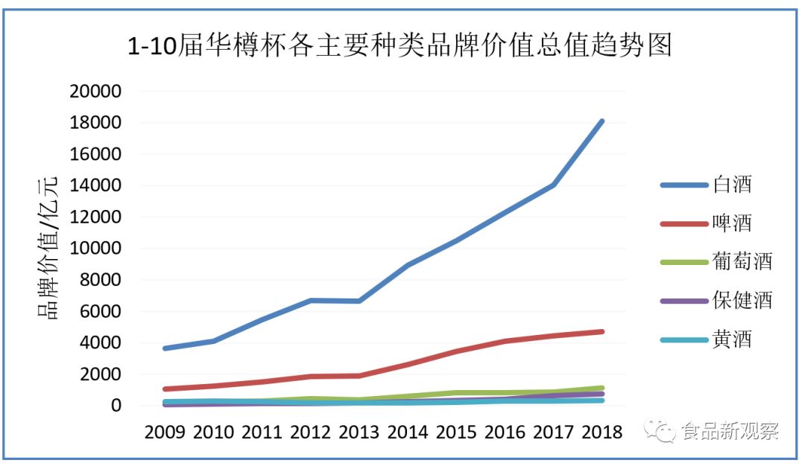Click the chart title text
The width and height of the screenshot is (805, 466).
pyautogui.click(x=400, y=45)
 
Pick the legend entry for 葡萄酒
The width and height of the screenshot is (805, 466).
pyautogui.click(x=716, y=261)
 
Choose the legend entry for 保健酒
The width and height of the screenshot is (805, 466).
pyautogui.click(x=716, y=300)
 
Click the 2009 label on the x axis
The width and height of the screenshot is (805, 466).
pyautogui.click(x=165, y=433)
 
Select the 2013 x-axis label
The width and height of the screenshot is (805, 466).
pyautogui.click(x=359, y=433)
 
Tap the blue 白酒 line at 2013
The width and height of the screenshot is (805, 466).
pyautogui.click(x=359, y=301)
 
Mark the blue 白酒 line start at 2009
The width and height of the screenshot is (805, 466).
pyautogui.click(x=165, y=348)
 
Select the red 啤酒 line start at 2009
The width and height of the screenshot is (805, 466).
pyautogui.click(x=165, y=389)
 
